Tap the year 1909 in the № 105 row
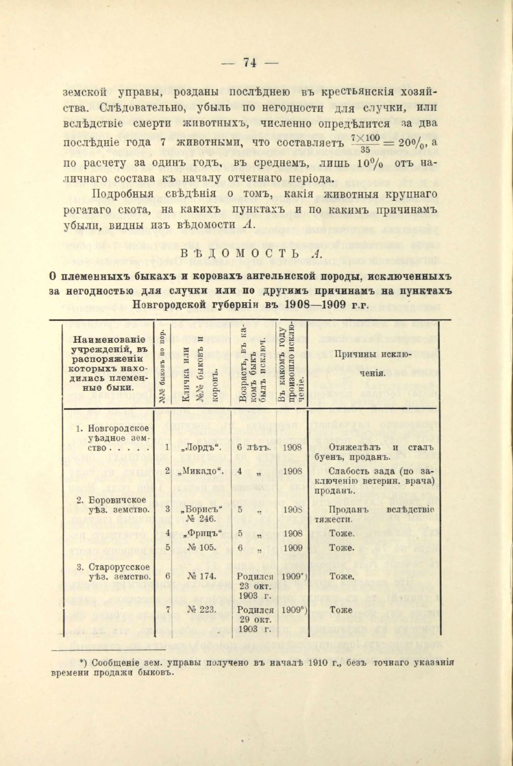292,548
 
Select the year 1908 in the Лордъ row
292,448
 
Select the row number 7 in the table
167,610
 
